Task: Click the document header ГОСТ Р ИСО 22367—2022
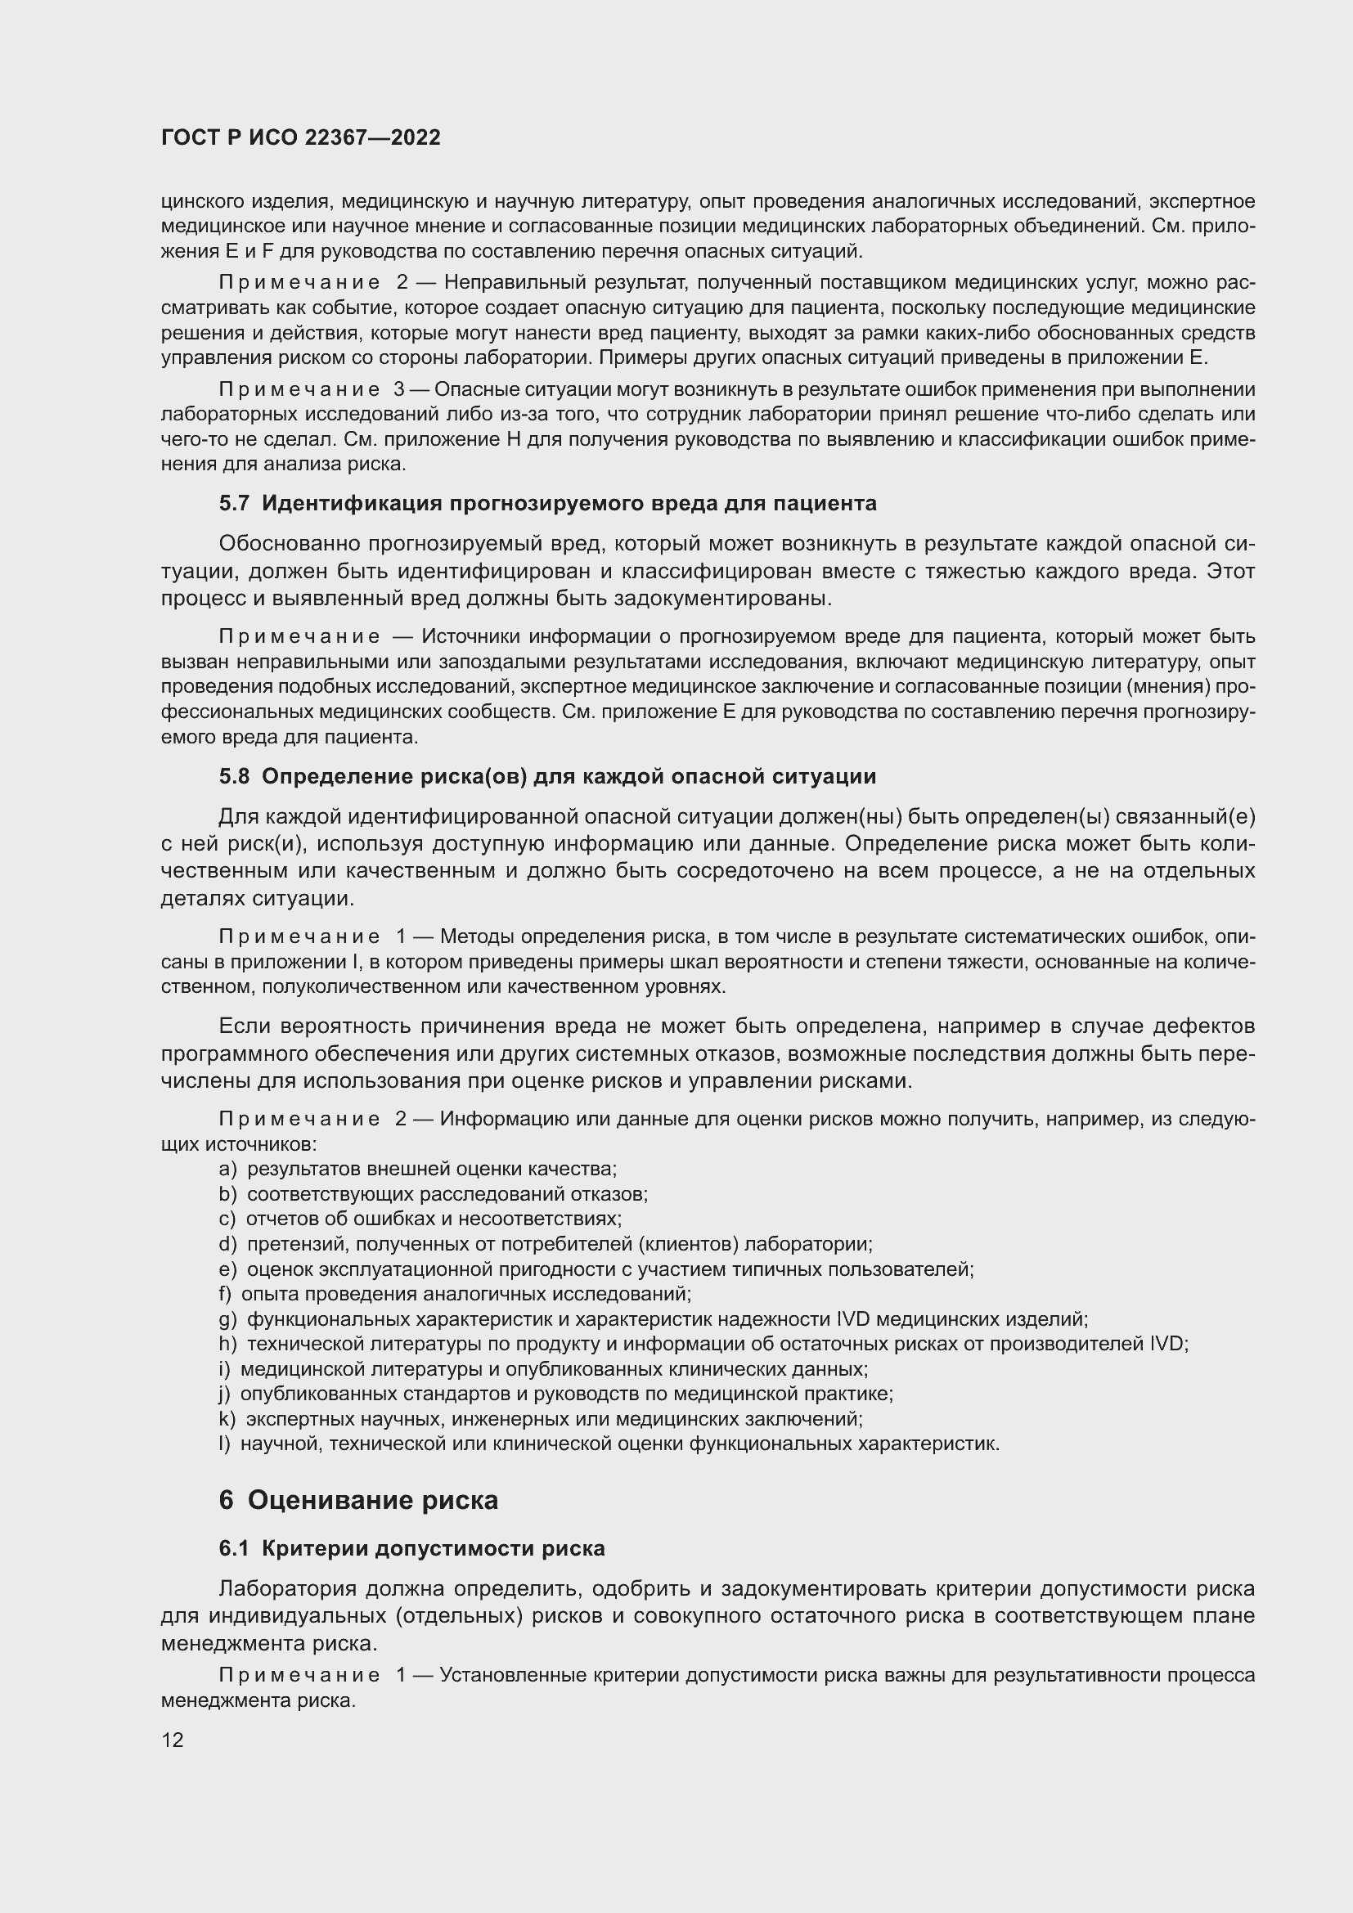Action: (301, 138)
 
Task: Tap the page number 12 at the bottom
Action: (173, 1740)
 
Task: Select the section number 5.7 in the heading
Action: (234, 503)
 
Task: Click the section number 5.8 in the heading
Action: (234, 776)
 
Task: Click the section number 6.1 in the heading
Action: (234, 1548)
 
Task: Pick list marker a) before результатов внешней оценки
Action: (227, 1169)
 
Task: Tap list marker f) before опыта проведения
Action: (225, 1294)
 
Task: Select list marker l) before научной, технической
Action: (223, 1444)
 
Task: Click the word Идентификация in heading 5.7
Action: (352, 503)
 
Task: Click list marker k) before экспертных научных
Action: (227, 1419)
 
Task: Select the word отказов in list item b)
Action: (617, 1194)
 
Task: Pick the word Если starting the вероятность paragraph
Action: (245, 1026)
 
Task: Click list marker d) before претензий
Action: (227, 1244)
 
